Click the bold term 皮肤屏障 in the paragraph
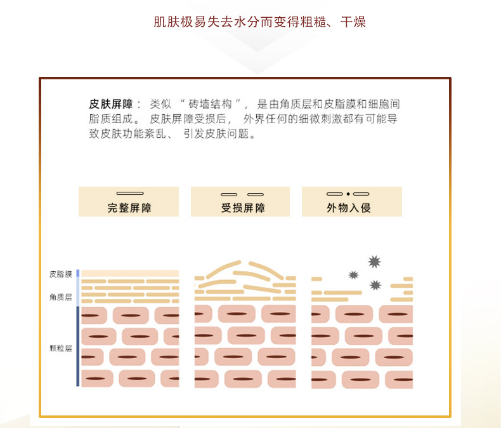click(111, 104)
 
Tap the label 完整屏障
click(129, 208)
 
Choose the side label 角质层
click(60, 297)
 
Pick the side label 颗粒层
click(60, 348)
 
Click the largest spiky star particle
click(374, 261)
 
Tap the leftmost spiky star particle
click(353, 275)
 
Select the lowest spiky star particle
click(375, 284)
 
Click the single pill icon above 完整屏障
click(130, 193)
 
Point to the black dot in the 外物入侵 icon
click(348, 193)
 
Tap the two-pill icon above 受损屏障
click(242, 194)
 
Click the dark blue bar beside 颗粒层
click(77, 346)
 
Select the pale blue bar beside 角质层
click(77, 292)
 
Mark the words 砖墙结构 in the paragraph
click(212, 104)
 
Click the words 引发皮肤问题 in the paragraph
click(219, 134)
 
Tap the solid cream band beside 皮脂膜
click(129, 273)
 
